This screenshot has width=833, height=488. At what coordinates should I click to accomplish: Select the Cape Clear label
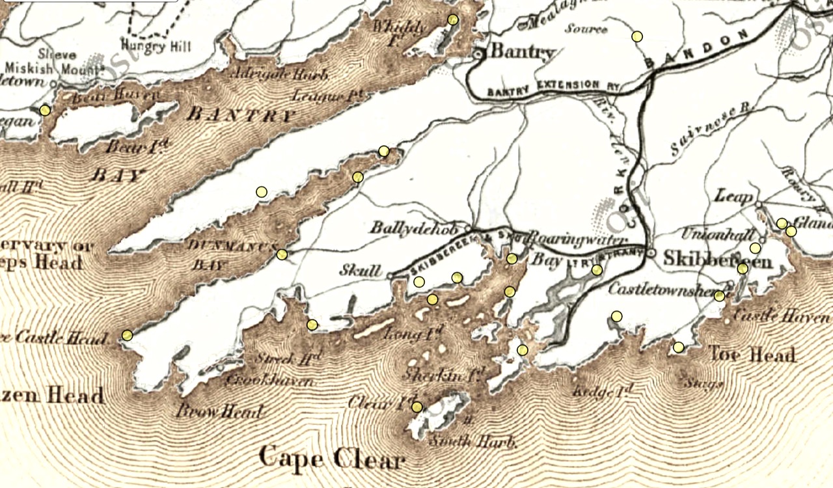tap(332, 459)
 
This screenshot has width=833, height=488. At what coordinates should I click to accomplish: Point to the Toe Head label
tap(751, 355)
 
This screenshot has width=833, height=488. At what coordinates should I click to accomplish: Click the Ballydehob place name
tap(417, 228)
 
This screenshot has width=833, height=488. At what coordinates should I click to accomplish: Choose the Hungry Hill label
tap(156, 47)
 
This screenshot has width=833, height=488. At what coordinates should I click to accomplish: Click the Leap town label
tap(734, 196)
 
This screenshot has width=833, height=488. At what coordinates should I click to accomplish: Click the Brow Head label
tap(219, 411)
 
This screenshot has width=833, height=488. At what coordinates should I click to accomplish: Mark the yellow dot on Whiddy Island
tap(453, 20)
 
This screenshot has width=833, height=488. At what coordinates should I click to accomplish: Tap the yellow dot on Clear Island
tap(416, 407)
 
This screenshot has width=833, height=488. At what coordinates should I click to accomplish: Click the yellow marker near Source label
tap(637, 36)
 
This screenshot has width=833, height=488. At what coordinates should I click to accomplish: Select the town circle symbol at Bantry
tap(479, 55)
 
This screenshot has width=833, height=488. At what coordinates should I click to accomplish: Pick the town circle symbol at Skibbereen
tap(651, 252)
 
